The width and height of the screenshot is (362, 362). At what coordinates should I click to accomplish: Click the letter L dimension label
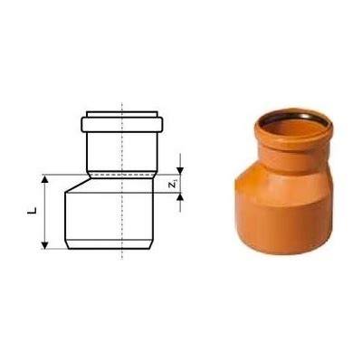[32, 211]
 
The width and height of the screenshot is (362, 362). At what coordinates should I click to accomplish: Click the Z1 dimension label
[173, 184]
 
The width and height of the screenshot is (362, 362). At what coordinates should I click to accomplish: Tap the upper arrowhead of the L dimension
[44, 179]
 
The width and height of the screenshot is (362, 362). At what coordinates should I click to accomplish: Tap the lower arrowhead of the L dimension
[44, 245]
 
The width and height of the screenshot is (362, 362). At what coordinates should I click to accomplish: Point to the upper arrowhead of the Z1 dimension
[180, 171]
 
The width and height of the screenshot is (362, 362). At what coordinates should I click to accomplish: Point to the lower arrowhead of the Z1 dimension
[180, 196]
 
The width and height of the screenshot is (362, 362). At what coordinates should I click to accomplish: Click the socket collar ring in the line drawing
[122, 125]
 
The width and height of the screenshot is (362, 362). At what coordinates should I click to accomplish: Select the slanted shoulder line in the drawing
[78, 185]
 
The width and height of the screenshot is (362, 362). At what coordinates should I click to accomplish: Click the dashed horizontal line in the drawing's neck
[122, 175]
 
